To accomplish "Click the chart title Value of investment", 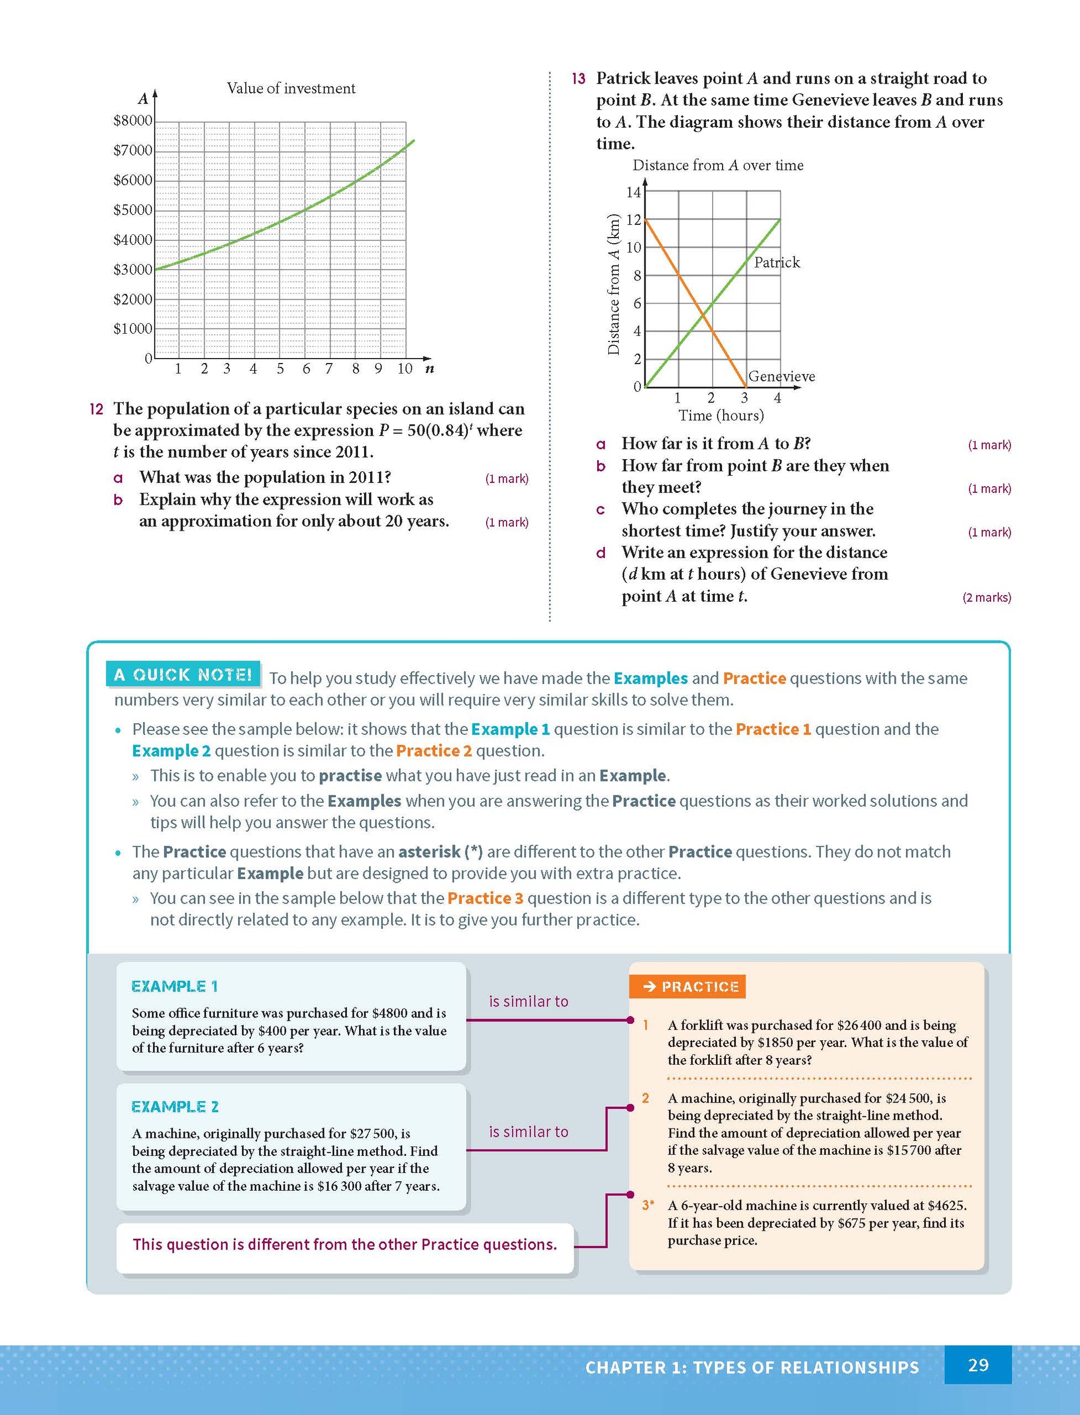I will (x=291, y=88).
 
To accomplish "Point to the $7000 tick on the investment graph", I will (x=133, y=150).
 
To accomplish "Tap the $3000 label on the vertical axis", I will (x=133, y=269).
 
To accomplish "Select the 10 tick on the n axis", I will (x=405, y=369).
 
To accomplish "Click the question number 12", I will (x=97, y=409).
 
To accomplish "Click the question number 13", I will (x=578, y=78).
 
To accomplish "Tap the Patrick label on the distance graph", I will (x=776, y=263).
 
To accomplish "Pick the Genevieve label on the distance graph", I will (x=781, y=376).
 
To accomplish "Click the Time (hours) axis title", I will (x=720, y=415).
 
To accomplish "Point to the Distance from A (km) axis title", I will (x=614, y=284).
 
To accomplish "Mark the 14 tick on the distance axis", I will (x=633, y=192).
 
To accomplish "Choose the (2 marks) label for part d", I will (x=986, y=597).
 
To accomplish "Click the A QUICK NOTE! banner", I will (x=183, y=674).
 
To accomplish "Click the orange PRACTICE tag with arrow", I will (x=687, y=987).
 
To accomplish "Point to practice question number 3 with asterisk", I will (x=648, y=1205).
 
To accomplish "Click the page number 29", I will (x=978, y=1365).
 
